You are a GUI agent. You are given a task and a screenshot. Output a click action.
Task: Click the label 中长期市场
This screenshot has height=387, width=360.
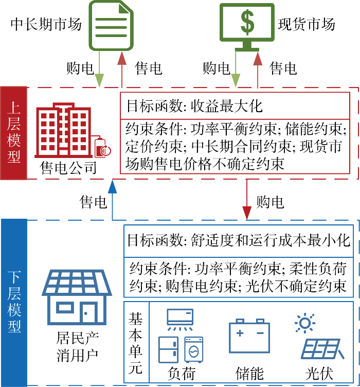tap(46, 24)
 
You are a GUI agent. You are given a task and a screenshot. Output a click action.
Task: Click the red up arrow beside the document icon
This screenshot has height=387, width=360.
tap(121, 69)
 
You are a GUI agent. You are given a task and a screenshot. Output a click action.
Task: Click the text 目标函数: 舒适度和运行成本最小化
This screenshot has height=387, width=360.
tap(238, 240)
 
